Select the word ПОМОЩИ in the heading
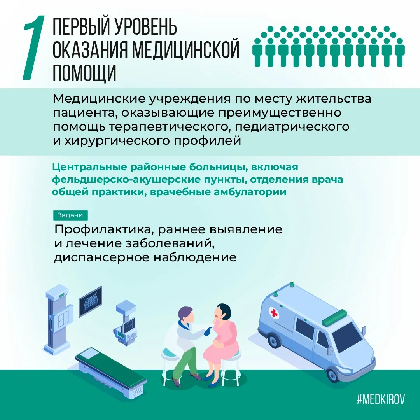tap(84, 72)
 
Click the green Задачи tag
tap(70, 215)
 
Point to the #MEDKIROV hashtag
tap(381, 399)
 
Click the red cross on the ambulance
tap(274, 313)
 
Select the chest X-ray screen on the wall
tap(90, 302)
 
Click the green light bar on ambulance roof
tap(335, 316)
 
